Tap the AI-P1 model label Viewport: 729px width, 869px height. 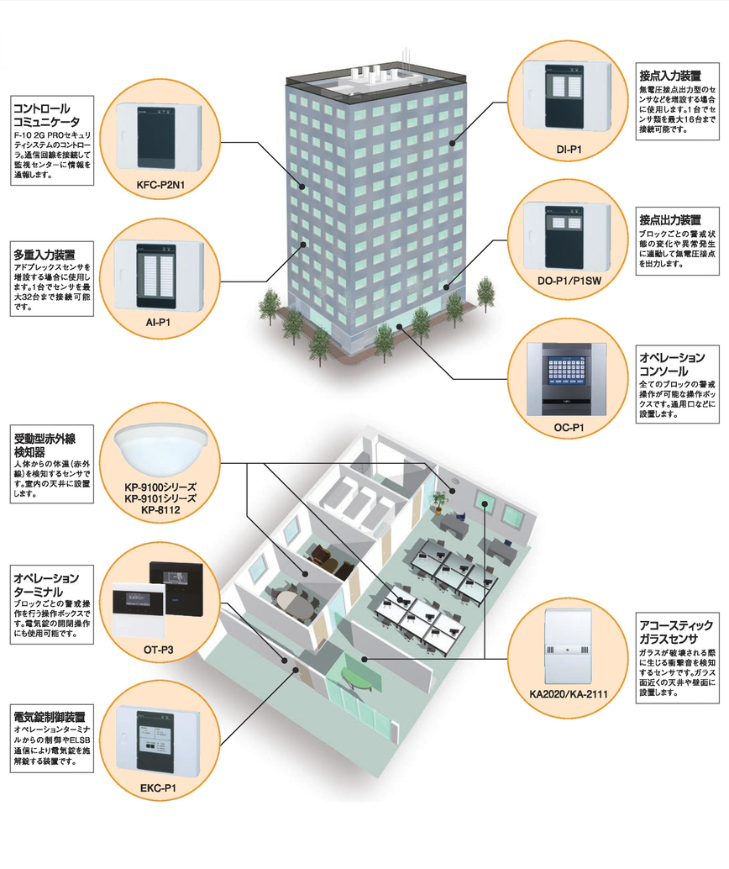(x=159, y=322)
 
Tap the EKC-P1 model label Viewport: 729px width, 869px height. (x=159, y=788)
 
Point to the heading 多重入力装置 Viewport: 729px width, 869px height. (x=44, y=253)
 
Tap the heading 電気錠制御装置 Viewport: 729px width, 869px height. (x=48, y=718)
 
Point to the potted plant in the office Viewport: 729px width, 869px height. (x=438, y=502)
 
